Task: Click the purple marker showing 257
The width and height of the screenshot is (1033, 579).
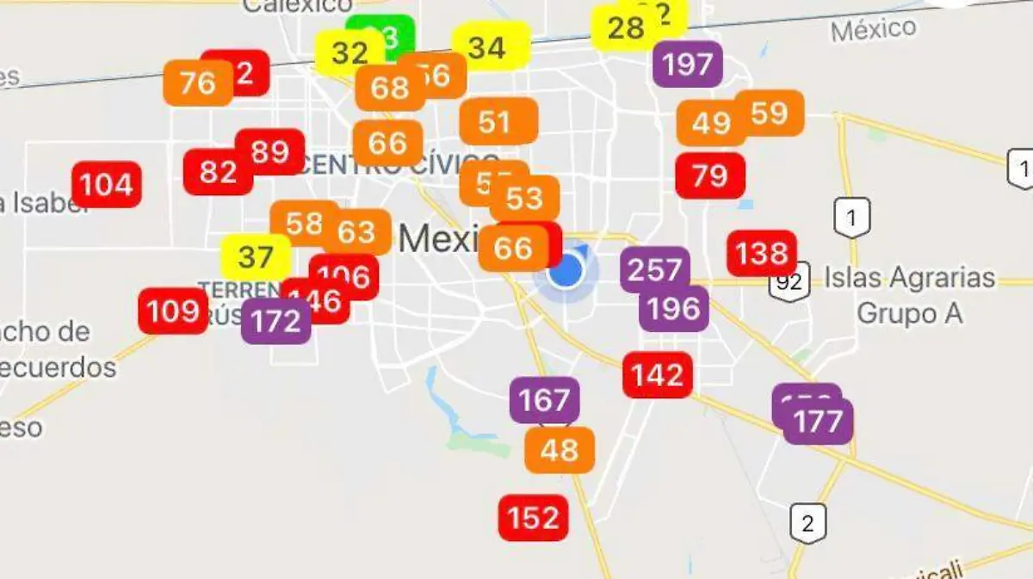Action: [x=655, y=270]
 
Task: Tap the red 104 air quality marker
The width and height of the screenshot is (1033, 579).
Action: [x=107, y=185]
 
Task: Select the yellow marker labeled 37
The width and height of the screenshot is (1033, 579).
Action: [x=255, y=257]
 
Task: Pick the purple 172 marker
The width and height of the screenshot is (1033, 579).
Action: [x=275, y=322]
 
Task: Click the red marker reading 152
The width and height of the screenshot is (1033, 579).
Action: [x=534, y=518]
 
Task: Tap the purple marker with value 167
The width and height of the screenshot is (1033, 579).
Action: [x=544, y=400]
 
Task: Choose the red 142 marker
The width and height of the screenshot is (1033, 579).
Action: [x=658, y=375]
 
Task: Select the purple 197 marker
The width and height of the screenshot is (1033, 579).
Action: [x=688, y=65]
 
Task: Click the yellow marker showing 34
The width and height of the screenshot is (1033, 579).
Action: [x=487, y=48]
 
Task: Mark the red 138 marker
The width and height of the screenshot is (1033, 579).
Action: [x=762, y=253]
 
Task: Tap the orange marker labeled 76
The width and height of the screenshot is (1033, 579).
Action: [x=197, y=83]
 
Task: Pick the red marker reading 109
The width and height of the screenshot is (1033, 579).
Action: [x=173, y=311]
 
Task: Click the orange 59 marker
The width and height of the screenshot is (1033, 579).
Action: [x=769, y=113]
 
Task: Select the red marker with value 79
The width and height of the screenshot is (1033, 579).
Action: [x=710, y=176]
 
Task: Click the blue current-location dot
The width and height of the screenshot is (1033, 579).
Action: [x=566, y=272]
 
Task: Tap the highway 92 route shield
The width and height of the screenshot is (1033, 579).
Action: [x=789, y=281]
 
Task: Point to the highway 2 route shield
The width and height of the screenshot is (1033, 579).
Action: [x=807, y=521]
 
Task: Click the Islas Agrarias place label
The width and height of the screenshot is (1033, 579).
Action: [x=910, y=278]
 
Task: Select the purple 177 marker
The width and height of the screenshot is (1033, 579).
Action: [x=819, y=422]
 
